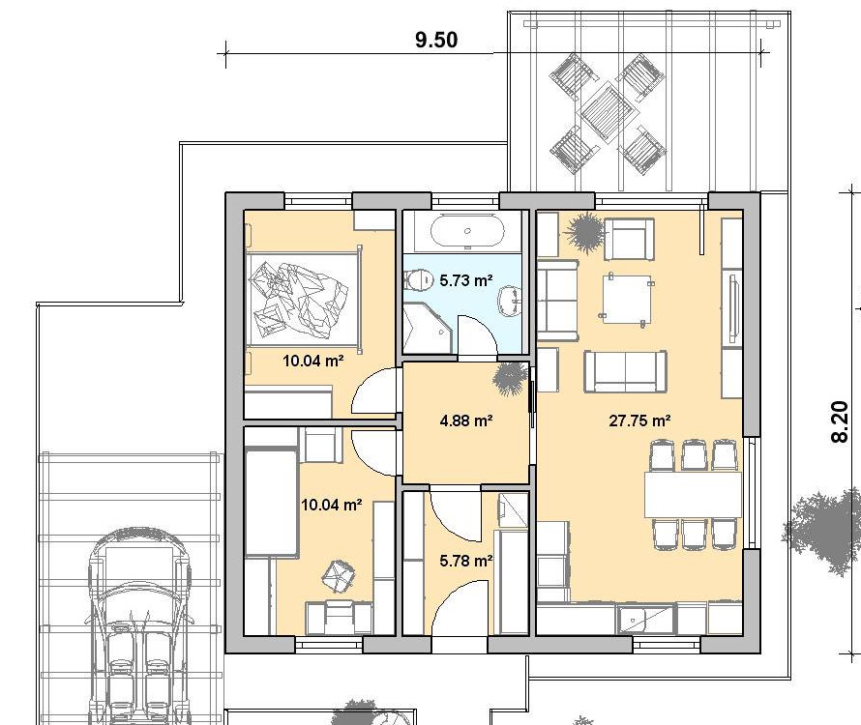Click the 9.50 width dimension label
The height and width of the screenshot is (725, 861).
pyautogui.click(x=436, y=40)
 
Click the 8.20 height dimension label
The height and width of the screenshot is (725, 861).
pyautogui.click(x=840, y=421)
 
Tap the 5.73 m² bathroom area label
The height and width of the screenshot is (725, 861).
pyautogui.click(x=466, y=280)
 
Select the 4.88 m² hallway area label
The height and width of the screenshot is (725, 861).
pyautogui.click(x=466, y=420)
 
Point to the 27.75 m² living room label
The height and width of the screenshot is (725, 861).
pyautogui.click(x=639, y=420)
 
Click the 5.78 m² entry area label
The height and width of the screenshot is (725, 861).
pyautogui.click(x=466, y=561)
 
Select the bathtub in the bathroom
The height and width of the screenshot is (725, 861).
pyautogui.click(x=467, y=231)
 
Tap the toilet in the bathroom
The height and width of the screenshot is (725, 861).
pyautogui.click(x=421, y=280)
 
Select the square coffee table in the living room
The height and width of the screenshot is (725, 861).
pyautogui.click(x=627, y=298)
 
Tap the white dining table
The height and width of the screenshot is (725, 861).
pyautogui.click(x=693, y=494)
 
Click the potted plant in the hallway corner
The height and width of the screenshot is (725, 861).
pyautogui.click(x=511, y=378)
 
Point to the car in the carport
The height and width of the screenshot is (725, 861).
pyautogui.click(x=139, y=626)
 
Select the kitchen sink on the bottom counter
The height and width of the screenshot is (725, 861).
pyautogui.click(x=646, y=619)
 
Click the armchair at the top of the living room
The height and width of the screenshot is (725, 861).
pyautogui.click(x=629, y=240)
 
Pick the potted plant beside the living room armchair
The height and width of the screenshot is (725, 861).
pyautogui.click(x=583, y=232)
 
